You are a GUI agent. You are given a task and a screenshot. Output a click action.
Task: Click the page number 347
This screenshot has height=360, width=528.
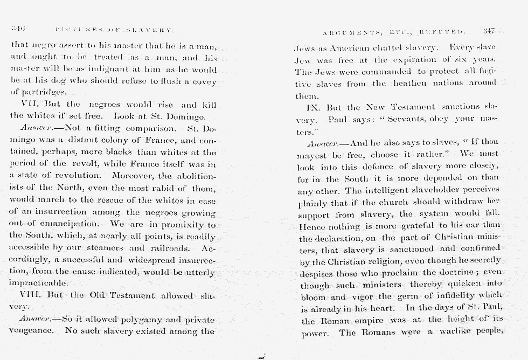(488, 30)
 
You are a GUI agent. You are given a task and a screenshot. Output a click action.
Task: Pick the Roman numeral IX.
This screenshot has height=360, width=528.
(314, 108)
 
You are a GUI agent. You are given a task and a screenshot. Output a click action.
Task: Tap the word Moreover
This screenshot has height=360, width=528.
(131, 176)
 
